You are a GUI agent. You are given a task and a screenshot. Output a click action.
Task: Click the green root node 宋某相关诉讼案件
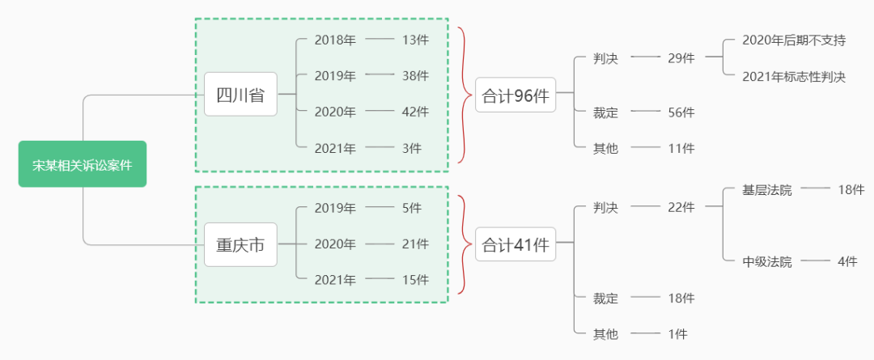click(83, 164)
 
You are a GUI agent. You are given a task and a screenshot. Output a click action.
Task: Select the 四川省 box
click(240, 94)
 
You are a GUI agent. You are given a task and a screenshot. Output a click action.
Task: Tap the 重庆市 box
click(240, 244)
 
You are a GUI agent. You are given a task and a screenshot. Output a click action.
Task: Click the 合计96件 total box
click(515, 95)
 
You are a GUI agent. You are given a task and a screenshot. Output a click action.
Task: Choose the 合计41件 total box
click(515, 244)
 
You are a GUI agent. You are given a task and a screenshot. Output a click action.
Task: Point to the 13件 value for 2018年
click(415, 40)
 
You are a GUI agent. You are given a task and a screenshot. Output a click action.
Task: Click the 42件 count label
click(415, 112)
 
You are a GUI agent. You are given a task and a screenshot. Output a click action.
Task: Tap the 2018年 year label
click(335, 40)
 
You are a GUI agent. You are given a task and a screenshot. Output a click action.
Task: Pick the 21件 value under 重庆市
click(415, 244)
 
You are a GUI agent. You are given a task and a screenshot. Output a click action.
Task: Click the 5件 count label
click(411, 208)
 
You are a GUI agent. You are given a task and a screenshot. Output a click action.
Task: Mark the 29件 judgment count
click(681, 57)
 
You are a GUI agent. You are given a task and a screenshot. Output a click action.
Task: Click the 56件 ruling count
click(681, 112)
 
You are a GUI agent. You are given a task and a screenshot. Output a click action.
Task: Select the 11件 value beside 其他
click(681, 148)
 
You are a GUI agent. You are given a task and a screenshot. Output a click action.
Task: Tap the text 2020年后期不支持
click(794, 40)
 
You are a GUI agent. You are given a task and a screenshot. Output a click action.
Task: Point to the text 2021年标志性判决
click(794, 77)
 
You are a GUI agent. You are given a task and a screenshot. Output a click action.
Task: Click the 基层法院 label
click(767, 190)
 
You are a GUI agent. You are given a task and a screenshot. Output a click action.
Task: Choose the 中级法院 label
click(767, 261)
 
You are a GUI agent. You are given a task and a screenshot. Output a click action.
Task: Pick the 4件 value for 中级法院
click(847, 261)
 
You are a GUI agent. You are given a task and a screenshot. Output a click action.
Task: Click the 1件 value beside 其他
click(677, 333)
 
